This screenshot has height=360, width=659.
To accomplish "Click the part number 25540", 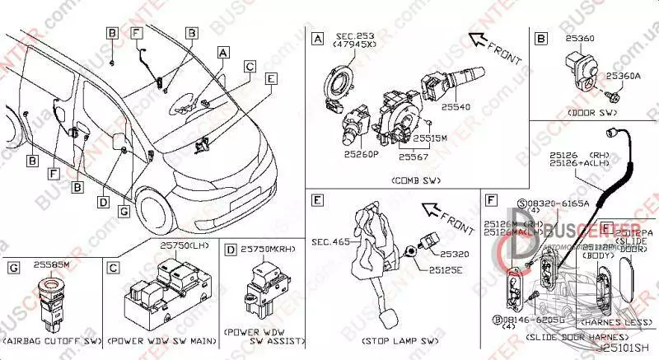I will [x=455, y=108].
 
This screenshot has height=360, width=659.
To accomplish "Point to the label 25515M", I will [x=430, y=139].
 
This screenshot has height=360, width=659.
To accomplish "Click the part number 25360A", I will [x=624, y=76].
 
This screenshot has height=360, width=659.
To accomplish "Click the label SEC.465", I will [x=330, y=242].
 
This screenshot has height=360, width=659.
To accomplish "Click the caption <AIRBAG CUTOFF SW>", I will [x=51, y=339].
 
